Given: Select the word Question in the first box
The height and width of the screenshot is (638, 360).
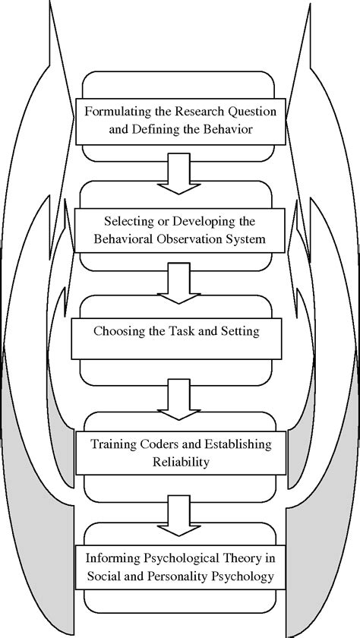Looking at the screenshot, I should point(251,112).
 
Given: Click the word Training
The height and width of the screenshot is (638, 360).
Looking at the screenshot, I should point(112,444).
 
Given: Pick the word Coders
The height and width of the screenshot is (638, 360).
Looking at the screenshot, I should point(158,444).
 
